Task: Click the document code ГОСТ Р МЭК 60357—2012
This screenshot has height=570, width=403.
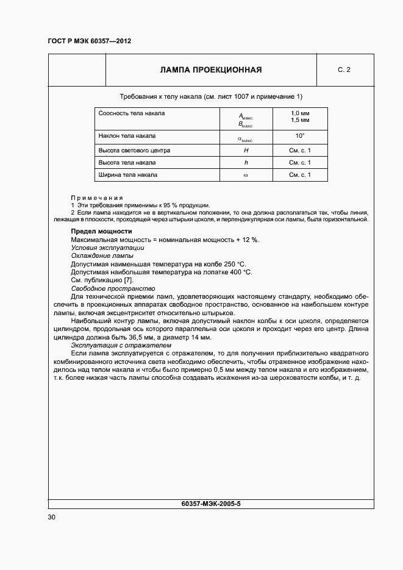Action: click(89, 41)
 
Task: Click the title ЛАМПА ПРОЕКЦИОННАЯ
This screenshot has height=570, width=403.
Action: click(211, 70)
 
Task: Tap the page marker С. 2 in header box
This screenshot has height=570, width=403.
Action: click(344, 70)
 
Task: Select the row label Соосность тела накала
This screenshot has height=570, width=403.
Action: click(132, 113)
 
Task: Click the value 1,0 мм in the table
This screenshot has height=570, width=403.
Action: click(300, 113)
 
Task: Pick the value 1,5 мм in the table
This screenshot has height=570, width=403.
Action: click(300, 120)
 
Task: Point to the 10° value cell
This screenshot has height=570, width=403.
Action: click(300, 135)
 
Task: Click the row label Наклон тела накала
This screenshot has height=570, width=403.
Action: click(127, 135)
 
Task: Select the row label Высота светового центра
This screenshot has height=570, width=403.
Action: click(134, 150)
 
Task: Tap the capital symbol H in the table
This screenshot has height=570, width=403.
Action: click(246, 150)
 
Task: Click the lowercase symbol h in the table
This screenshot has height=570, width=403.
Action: click(246, 163)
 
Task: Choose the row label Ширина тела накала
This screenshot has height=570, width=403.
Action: click(128, 175)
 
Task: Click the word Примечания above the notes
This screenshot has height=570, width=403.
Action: click(97, 198)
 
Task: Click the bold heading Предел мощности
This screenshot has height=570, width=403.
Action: click(101, 232)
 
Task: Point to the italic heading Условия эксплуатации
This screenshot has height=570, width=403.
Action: click(107, 248)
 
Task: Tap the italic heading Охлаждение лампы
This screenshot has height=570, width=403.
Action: click(102, 256)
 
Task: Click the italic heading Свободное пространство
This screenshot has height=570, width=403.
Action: click(113, 288)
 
